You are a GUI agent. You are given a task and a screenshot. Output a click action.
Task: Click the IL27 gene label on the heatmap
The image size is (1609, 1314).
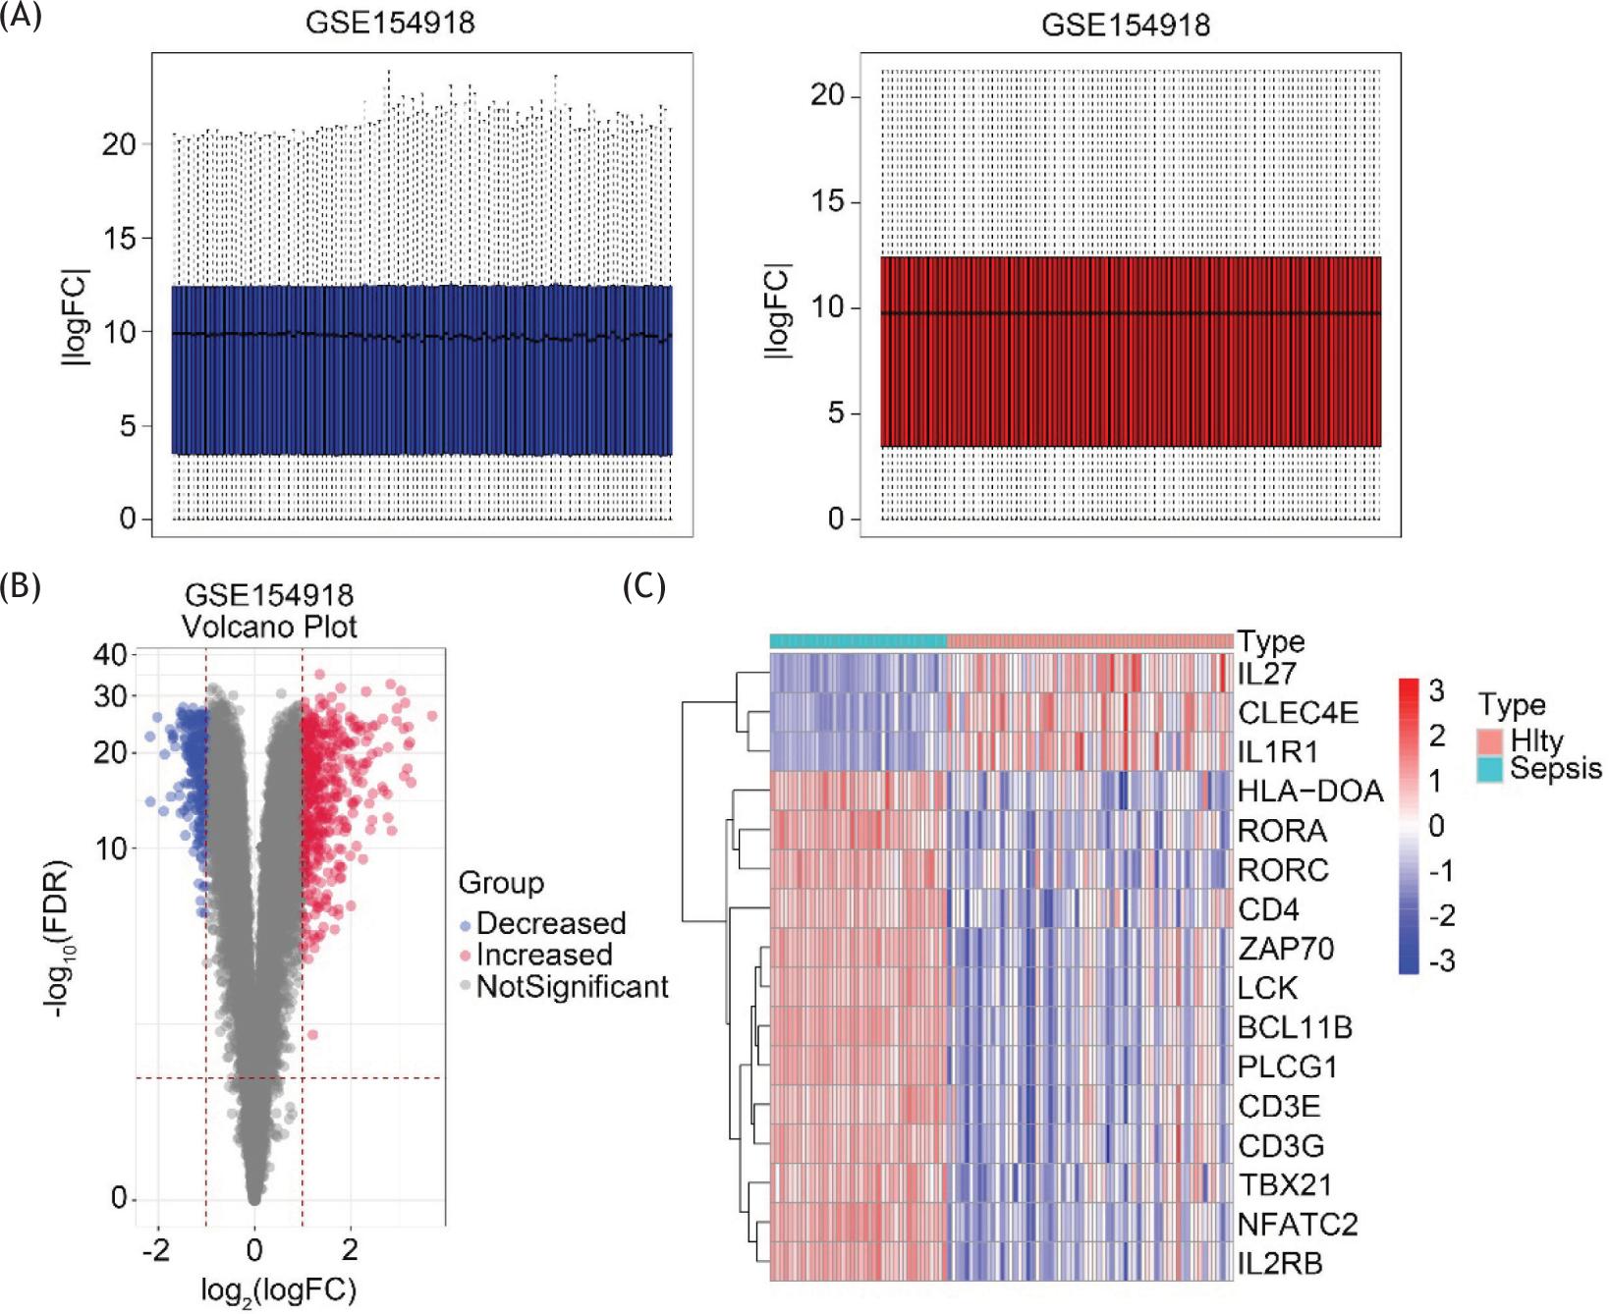(x=1266, y=674)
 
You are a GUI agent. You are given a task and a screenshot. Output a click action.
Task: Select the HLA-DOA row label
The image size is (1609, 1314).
(x=1309, y=792)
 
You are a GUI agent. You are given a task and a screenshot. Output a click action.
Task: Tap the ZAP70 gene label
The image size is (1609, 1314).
(x=1285, y=949)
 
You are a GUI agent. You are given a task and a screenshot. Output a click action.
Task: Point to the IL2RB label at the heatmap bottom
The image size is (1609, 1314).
(x=1279, y=1264)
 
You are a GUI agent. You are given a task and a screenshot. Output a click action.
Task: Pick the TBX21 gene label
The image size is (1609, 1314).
(x=1284, y=1185)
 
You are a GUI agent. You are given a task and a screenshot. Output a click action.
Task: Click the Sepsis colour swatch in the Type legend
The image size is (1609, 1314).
(x=1489, y=770)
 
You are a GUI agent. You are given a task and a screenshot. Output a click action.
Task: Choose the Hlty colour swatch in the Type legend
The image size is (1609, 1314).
(x=1489, y=741)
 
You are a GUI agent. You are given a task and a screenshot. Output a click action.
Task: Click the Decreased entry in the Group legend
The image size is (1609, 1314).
(x=550, y=924)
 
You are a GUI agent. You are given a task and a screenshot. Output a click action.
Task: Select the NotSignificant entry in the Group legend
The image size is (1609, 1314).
(x=572, y=987)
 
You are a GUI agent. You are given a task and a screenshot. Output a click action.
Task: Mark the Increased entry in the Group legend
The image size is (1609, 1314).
(x=543, y=956)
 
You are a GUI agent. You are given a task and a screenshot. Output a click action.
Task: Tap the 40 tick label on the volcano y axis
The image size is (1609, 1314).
(x=110, y=655)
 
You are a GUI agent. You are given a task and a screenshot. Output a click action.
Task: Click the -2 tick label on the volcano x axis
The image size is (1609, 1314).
(x=155, y=1251)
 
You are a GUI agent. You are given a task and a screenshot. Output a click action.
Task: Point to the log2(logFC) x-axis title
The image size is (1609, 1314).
(x=278, y=1290)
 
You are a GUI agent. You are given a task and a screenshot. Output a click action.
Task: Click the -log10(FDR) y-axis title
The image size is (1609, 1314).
(x=60, y=938)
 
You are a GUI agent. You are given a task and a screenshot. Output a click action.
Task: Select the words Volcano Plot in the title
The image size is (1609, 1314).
(x=269, y=627)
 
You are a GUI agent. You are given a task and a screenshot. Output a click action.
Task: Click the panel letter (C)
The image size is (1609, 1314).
(x=643, y=587)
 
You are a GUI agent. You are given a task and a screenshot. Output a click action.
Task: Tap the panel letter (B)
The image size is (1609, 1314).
(x=21, y=586)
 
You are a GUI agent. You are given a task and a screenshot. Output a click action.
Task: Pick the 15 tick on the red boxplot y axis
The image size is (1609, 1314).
(x=827, y=202)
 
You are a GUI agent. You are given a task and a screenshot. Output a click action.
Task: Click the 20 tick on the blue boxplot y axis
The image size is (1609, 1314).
(x=119, y=144)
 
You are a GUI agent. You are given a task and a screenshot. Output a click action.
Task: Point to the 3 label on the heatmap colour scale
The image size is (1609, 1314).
(x=1436, y=691)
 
